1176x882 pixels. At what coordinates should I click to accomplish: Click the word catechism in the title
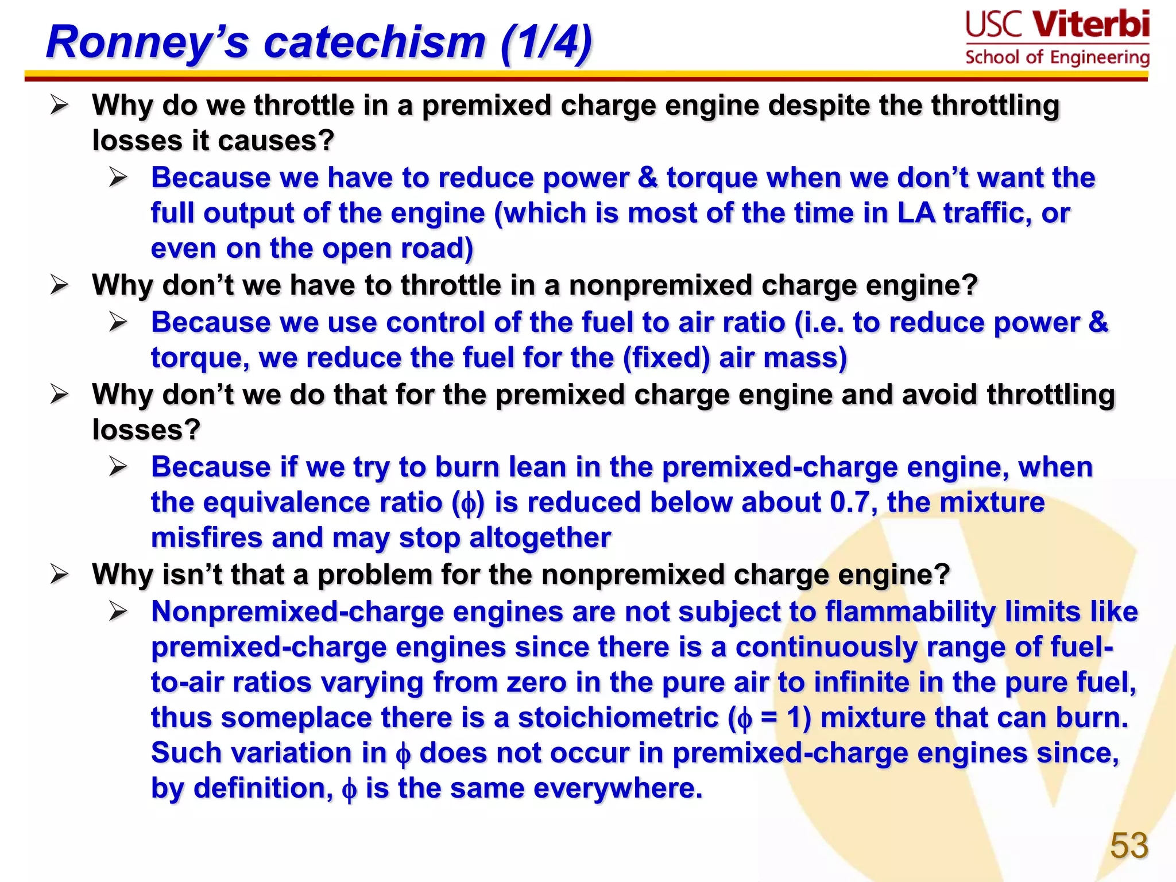pos(374,43)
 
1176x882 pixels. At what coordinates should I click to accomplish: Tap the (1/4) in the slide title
pos(546,43)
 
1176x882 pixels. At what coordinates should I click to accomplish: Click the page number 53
pos(1129,845)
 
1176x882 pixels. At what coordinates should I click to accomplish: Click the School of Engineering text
pos(1057,57)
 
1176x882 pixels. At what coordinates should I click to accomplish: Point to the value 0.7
pos(849,502)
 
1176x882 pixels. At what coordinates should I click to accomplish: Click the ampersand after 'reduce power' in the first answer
pos(647,177)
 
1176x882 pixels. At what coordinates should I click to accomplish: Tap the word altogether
pos(540,538)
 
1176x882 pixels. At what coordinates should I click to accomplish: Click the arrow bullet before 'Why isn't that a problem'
pos(60,574)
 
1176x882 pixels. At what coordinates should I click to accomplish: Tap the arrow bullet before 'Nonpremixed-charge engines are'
pos(119,612)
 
